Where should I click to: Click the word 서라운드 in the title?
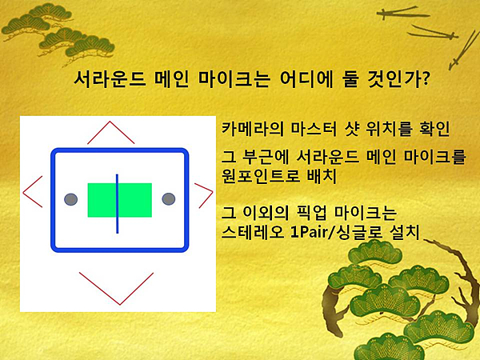coord(110,79)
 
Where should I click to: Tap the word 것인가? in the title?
coord(398,79)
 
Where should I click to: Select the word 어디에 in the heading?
coord(306,79)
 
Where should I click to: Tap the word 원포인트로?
coord(260,176)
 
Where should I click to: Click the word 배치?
coord(321,176)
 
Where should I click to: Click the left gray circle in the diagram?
coord(70,199)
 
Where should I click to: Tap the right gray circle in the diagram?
coord(168,199)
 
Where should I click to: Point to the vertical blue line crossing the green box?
coord(117,203)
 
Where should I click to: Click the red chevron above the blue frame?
coord(110,122)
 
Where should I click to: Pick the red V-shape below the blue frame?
coord(120,304)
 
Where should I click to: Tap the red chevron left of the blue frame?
coord(23,193)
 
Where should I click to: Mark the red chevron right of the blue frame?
coord(212,192)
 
